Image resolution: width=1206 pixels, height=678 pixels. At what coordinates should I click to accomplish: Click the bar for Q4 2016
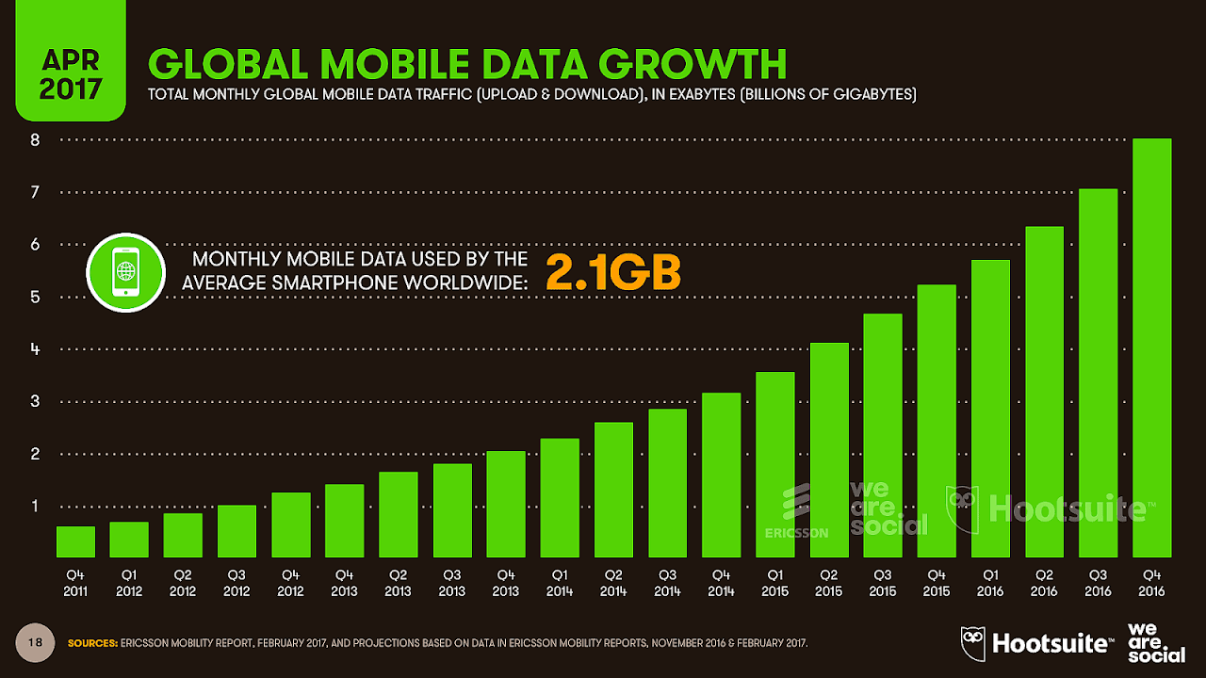[1151, 348]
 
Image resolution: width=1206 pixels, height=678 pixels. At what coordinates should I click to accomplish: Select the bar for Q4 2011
[75, 541]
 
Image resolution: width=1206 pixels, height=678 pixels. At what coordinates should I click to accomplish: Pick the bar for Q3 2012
[236, 531]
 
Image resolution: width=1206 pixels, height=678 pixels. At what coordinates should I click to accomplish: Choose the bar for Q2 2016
[1044, 392]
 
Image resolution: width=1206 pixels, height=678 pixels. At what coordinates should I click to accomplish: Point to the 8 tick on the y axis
[35, 140]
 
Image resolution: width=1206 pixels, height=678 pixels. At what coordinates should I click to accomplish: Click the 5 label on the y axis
[35, 298]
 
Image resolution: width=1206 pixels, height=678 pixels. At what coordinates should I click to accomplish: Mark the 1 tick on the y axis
[35, 507]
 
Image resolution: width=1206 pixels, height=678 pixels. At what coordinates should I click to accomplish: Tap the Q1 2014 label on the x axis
[559, 583]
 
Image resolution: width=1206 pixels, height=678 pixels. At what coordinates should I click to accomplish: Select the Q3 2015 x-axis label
[882, 583]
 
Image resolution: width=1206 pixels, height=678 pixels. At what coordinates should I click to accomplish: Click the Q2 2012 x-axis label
[183, 583]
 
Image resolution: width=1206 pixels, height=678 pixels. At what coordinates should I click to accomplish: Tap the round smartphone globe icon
[125, 272]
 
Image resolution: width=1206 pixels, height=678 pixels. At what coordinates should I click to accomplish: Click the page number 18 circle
[37, 642]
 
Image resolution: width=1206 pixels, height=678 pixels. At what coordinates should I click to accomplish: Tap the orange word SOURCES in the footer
[92, 644]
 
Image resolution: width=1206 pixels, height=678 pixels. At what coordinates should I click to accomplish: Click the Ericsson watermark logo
[796, 513]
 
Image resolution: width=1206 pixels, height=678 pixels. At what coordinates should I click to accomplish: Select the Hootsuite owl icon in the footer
[973, 642]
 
